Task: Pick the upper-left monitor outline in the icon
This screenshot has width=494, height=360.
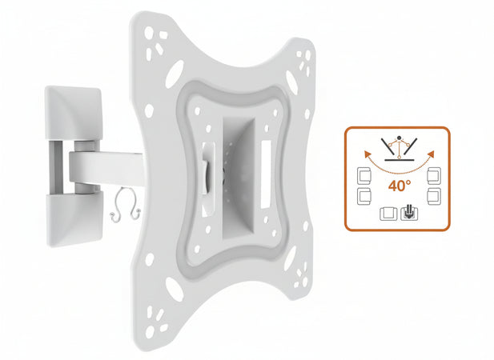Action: [x=363, y=175]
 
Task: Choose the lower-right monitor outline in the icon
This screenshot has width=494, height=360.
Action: [x=435, y=194]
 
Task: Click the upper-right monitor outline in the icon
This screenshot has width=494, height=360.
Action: [x=435, y=175]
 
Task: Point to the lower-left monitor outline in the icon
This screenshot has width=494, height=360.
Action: [x=363, y=194]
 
